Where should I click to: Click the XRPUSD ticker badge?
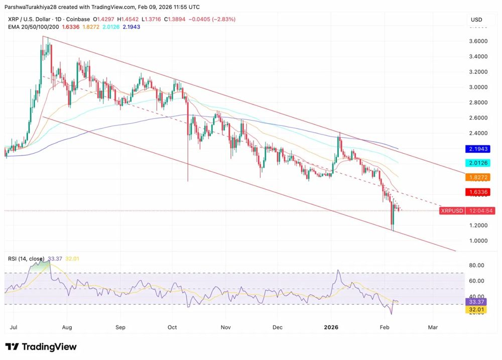click(x=451, y=211)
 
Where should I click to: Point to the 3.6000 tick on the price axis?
click(x=478, y=41)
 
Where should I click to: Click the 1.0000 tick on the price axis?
click(x=478, y=241)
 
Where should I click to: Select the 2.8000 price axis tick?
click(x=478, y=102)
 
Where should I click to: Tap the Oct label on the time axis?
click(x=173, y=327)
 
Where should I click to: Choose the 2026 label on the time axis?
click(x=331, y=327)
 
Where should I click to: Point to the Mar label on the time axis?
click(x=433, y=327)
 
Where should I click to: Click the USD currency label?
click(x=476, y=20)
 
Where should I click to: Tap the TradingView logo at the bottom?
click(x=41, y=347)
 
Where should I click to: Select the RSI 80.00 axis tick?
click(x=477, y=265)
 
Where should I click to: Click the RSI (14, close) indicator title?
click(x=26, y=259)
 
